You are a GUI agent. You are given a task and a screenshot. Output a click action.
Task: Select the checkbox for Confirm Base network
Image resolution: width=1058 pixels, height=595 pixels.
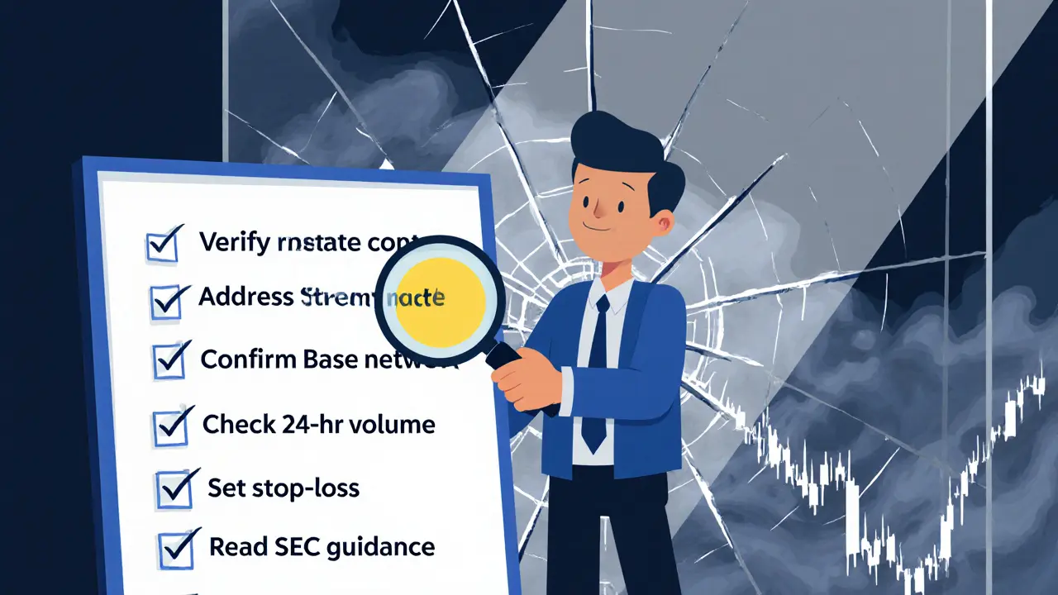[169, 362]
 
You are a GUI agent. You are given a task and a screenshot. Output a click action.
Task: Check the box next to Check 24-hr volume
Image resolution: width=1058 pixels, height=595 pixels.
[171, 427]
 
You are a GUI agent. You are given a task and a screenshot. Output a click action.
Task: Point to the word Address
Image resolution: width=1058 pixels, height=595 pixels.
[245, 297]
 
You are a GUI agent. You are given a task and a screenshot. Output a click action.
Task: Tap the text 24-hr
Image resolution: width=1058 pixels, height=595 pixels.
[306, 425]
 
